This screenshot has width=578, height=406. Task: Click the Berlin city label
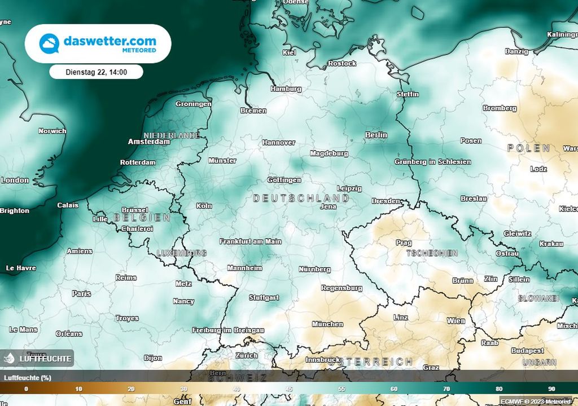pyautogui.click(x=376, y=135)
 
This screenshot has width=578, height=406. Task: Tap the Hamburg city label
pyautogui.click(x=286, y=89)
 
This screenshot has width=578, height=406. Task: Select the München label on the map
pyautogui.click(x=327, y=324)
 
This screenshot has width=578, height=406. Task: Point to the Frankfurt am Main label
pyautogui.click(x=250, y=241)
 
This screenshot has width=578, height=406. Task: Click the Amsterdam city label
pyautogui.click(x=149, y=142)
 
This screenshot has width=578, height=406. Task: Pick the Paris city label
pyautogui.click(x=81, y=294)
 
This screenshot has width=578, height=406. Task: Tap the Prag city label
pyautogui.click(x=404, y=243)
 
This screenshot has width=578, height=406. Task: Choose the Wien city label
pyautogui.click(x=456, y=321)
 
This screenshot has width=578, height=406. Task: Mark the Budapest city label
pyautogui.click(x=527, y=351)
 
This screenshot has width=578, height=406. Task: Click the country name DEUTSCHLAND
pyautogui.click(x=301, y=198)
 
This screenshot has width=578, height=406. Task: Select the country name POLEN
pyautogui.click(x=528, y=148)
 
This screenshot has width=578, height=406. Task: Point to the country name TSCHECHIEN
pyautogui.click(x=432, y=254)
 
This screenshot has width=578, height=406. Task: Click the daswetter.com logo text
pyautogui.click(x=110, y=41)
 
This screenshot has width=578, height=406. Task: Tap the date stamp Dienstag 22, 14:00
pyautogui.click(x=96, y=72)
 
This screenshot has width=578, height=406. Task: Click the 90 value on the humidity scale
pyautogui.click(x=551, y=389)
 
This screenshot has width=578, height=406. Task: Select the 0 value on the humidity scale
pyautogui.click(x=26, y=389)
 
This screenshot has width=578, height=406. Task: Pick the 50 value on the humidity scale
pyautogui.click(x=289, y=389)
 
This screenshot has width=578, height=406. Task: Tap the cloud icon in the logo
pyautogui.click(x=49, y=43)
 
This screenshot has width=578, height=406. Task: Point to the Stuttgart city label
pyautogui.click(x=264, y=298)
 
